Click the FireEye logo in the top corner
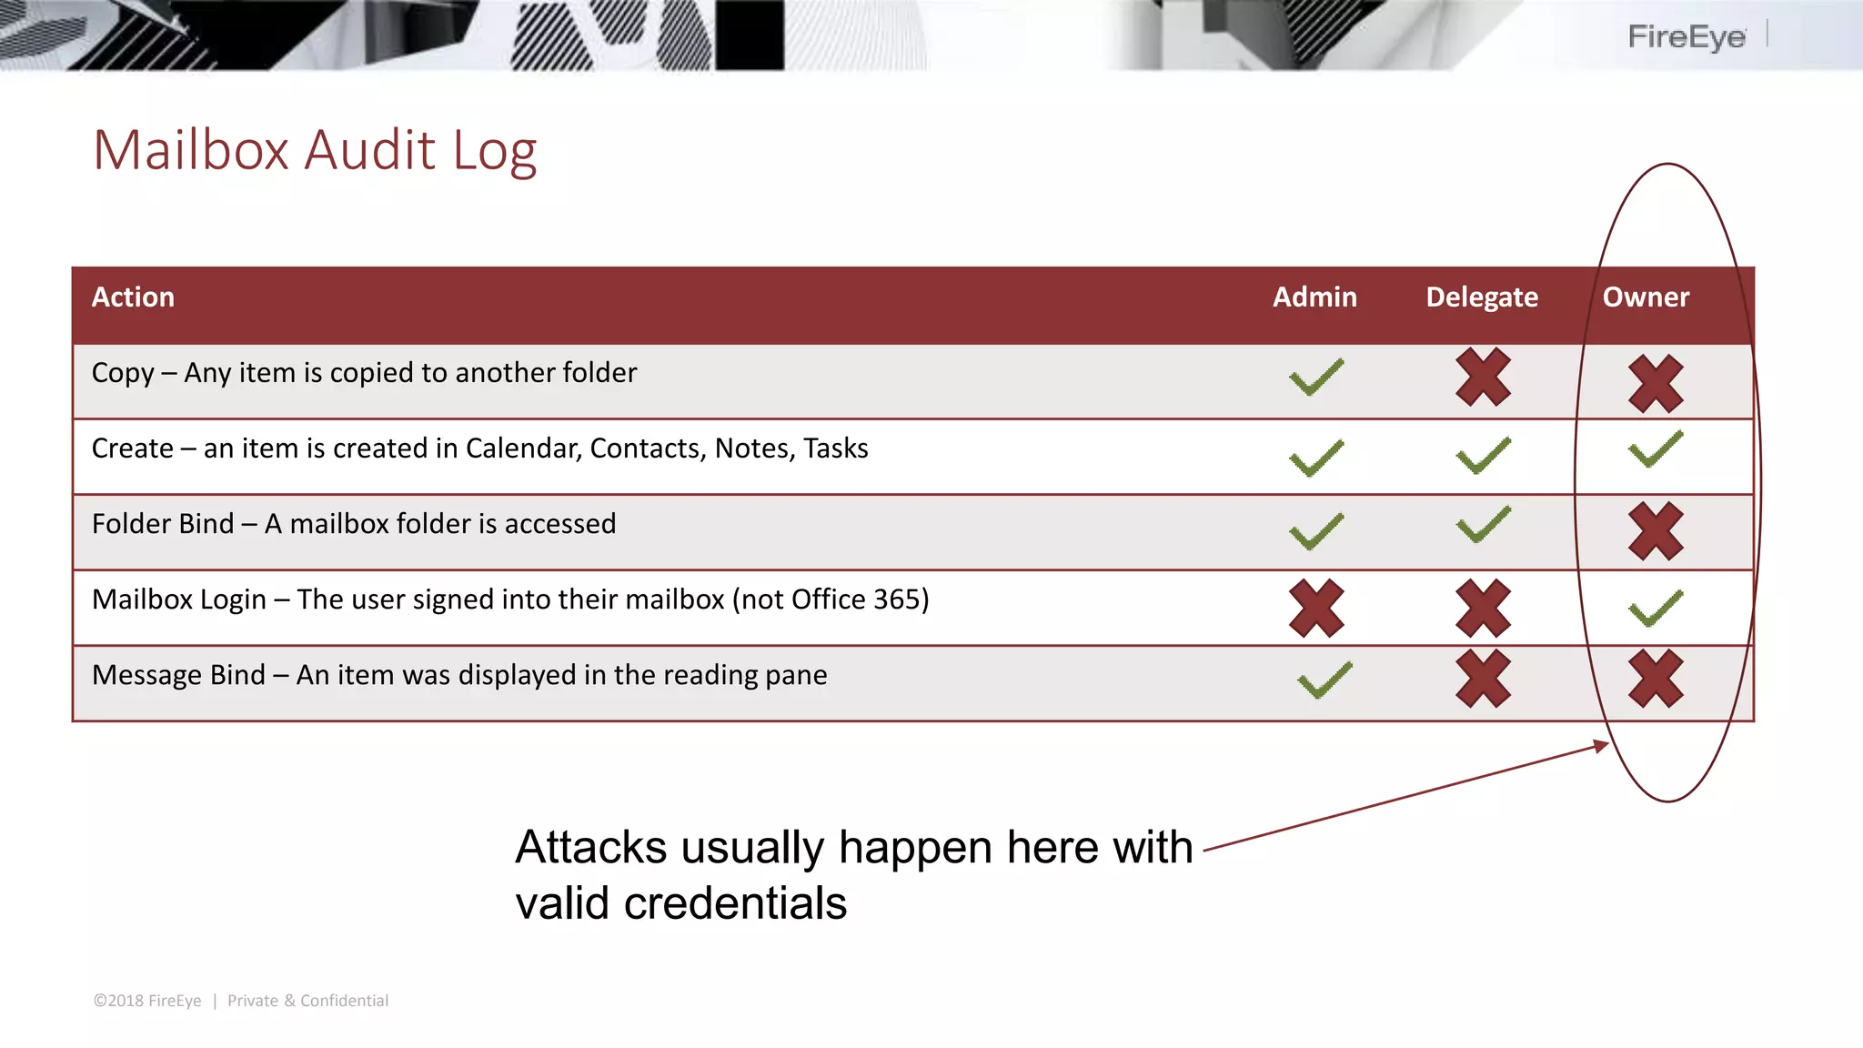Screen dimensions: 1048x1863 coord(1687,37)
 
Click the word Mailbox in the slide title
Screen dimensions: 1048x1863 coord(191,150)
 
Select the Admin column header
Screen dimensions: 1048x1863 coord(1314,297)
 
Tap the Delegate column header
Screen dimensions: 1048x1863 coord(1481,297)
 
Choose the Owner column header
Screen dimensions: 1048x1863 coord(1646,297)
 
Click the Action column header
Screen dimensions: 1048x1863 coord(133,297)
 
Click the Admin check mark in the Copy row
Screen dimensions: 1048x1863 coord(1316,378)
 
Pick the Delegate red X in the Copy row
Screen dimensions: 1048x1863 coord(1483,377)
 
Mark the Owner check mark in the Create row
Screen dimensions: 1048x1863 coord(1656,449)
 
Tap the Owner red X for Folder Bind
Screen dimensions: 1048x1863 coord(1656,531)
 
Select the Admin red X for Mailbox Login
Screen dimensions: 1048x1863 coord(1316,608)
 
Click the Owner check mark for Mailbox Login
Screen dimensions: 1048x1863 coord(1656,609)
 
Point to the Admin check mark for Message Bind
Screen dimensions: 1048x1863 coord(1324,680)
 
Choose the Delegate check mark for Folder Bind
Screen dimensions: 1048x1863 coord(1483,525)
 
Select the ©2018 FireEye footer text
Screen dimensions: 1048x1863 coord(147,1001)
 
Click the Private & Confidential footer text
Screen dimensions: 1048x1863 coord(307,1001)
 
